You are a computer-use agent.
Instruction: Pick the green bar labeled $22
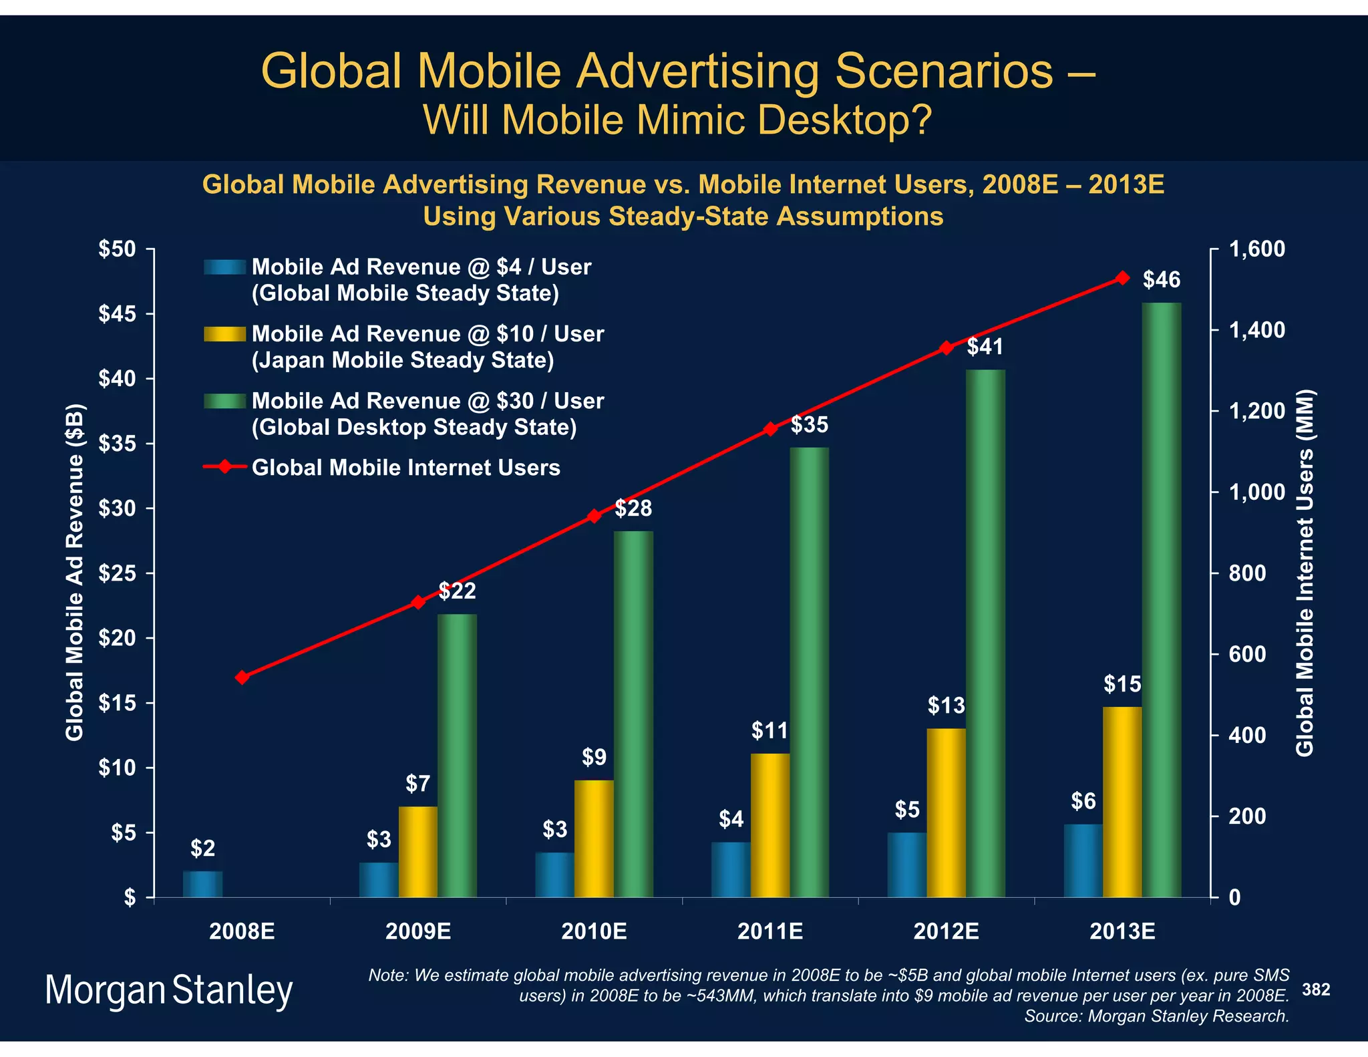[458, 755]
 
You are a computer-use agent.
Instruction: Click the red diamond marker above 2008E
[242, 677]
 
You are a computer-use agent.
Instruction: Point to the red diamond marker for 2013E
[1123, 278]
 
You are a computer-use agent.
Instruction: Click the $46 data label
[1162, 280]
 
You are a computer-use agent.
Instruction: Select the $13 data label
[946, 705]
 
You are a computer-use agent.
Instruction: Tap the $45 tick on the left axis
[118, 314]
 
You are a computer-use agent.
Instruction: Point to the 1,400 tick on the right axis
[1256, 330]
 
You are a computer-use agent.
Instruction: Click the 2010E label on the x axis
[594, 931]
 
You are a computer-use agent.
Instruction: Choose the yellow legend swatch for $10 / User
[225, 333]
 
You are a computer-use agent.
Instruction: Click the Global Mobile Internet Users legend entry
[405, 468]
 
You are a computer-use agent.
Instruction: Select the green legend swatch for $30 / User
[225, 401]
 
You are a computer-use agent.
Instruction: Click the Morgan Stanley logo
[169, 990]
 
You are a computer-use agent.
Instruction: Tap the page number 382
[1316, 990]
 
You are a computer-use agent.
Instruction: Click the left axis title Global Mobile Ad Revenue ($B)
[75, 573]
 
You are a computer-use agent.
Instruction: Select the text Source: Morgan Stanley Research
[1156, 1016]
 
